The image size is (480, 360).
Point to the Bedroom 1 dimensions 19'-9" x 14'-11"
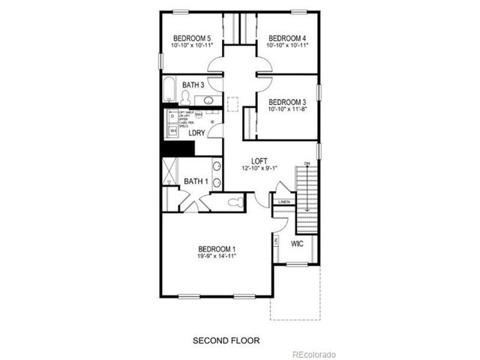(x=217, y=256)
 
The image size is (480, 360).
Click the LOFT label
(x=259, y=160)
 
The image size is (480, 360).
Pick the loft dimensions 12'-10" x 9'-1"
(x=259, y=168)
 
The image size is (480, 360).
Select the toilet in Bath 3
(x=185, y=97)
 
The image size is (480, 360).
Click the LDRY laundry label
(x=196, y=133)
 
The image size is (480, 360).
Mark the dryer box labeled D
(x=172, y=117)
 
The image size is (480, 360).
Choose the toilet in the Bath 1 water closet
(x=235, y=200)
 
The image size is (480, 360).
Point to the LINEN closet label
(x=283, y=202)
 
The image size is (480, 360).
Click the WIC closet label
(x=296, y=243)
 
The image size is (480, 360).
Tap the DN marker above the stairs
(x=307, y=164)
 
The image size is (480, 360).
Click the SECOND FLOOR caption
(x=226, y=340)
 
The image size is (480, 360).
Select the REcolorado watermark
(x=314, y=354)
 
